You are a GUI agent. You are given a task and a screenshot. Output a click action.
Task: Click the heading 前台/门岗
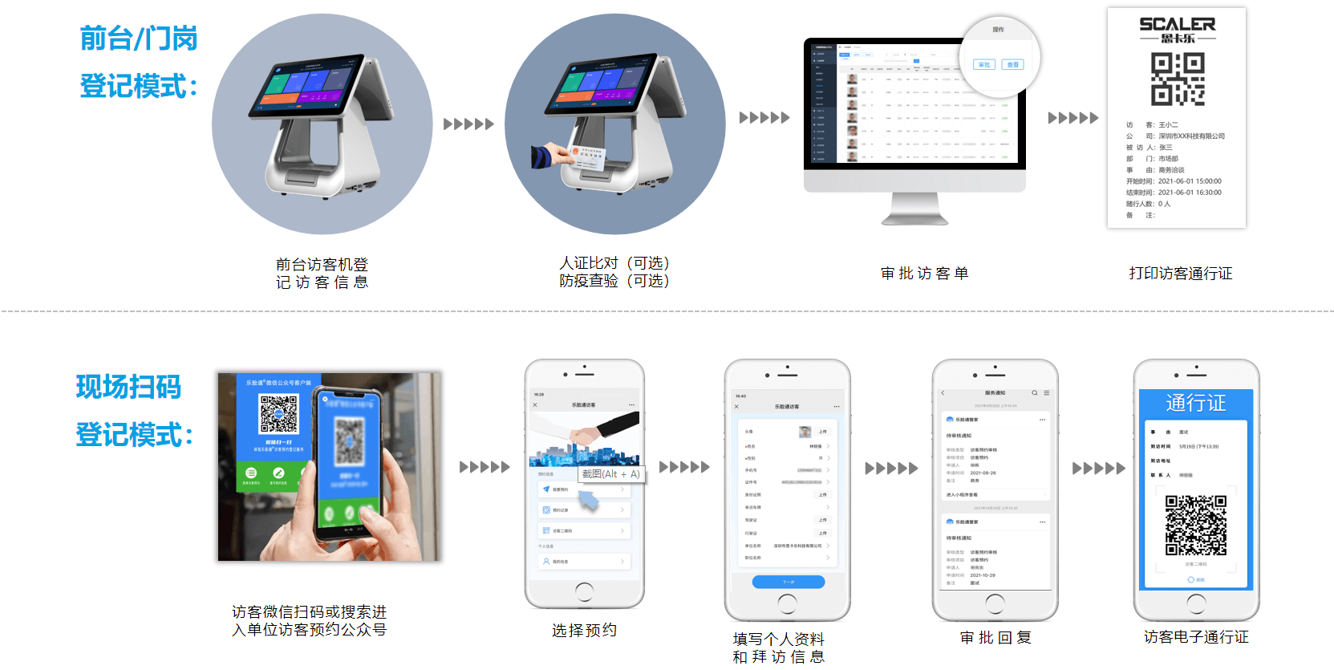pos(138,39)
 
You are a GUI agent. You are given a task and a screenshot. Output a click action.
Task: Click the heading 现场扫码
pos(128,387)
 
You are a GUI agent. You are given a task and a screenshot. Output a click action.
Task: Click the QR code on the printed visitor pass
pos(1177,79)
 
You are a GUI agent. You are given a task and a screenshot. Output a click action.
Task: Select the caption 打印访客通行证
pos(1180,274)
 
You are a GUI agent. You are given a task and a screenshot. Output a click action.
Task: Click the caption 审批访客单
pos(924,274)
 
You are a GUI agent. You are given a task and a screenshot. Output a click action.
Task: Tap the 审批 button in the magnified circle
pos(984,64)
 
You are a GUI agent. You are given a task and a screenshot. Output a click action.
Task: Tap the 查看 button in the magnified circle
pos(1013,64)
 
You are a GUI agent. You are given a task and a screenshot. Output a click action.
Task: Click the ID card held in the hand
pos(587,157)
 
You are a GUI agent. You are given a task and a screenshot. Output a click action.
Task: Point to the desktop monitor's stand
pos(914,209)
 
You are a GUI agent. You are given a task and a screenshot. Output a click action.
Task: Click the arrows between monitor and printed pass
pos(1072,118)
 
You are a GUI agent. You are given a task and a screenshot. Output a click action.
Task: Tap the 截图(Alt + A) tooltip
pos(610,474)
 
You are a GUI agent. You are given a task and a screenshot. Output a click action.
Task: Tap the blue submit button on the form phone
pos(788,582)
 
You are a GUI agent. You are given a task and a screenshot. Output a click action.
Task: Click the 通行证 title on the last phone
pos(1195,403)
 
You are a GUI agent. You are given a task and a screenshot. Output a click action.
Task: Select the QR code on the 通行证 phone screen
pos(1195,525)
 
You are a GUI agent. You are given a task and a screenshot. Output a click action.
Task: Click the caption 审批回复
pos(995,638)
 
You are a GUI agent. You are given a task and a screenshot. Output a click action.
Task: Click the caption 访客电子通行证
pos(1195,637)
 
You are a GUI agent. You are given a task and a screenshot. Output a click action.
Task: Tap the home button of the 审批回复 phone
pos(995,603)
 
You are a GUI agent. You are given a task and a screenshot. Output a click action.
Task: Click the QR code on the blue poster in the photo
pos(278,414)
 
